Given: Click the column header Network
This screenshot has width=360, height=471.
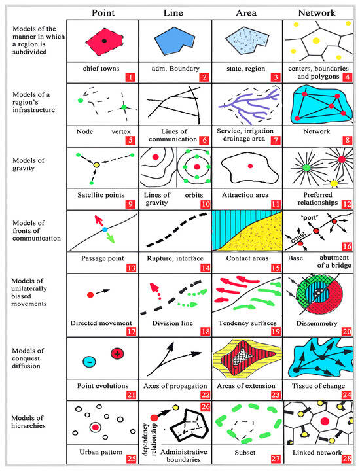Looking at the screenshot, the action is pos(316,13).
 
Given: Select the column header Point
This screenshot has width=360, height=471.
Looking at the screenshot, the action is pos(103,13).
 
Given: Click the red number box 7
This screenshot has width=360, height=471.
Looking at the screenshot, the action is pos(276,140).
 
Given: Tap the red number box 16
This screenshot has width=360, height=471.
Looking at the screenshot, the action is pos(347,247).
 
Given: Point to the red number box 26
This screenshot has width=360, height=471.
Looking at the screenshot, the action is pos(206,407).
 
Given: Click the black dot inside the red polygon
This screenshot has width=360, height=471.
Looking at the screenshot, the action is pos(104,41).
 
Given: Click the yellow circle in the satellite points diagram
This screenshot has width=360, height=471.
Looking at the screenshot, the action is pos(96,165).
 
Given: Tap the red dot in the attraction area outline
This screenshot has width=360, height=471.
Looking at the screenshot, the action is pos(250,166).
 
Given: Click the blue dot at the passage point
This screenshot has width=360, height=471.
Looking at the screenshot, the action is pos(105,230).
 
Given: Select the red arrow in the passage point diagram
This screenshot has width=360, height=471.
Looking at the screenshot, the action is pos(98,220).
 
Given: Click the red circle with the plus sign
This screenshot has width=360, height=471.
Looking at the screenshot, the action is pos(117,353).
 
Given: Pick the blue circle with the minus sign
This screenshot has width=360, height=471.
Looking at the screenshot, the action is pos(89,362).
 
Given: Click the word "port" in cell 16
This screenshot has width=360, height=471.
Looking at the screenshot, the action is pos(310,217).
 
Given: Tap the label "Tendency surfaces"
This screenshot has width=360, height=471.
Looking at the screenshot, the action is pos(247,323).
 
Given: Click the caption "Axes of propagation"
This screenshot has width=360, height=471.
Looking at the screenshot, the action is pos(175,386).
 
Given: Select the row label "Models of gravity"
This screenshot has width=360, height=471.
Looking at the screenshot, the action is pos(29,164).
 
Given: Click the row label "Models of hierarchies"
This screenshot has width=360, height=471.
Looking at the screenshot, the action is pos(28,422).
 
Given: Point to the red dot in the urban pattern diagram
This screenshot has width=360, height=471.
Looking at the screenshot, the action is pos(96,427).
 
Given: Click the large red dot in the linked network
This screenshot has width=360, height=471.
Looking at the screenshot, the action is pos(325,421).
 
